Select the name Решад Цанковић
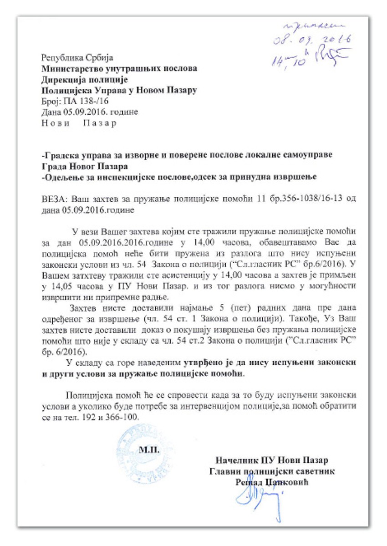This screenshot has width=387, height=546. click(x=272, y=482)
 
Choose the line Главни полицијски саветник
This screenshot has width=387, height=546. click(x=272, y=471)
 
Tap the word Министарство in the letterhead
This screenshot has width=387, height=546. click(x=70, y=69)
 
